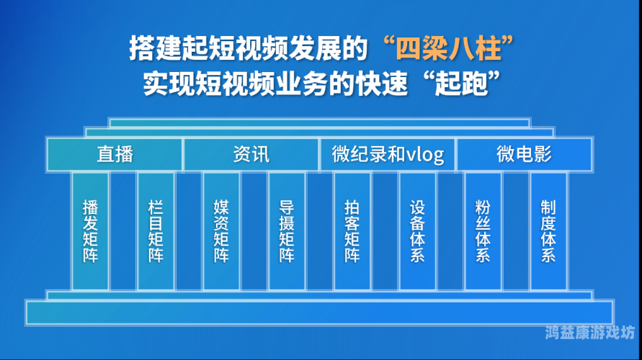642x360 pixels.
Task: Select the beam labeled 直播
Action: (115, 154)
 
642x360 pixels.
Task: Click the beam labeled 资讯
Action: (251, 154)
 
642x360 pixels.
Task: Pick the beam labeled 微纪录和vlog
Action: (388, 154)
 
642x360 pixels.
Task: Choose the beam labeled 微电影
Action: (524, 154)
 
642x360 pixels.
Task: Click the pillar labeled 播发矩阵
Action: (90, 230)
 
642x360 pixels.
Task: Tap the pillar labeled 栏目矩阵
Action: (156, 230)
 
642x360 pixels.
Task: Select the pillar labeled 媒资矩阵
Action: (221, 230)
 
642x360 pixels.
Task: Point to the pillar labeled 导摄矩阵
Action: (287, 230)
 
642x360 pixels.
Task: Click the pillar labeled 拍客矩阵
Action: (352, 230)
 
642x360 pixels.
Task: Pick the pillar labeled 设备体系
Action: (417, 230)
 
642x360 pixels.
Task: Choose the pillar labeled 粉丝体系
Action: (483, 230)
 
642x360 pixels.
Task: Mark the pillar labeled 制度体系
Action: (548, 230)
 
